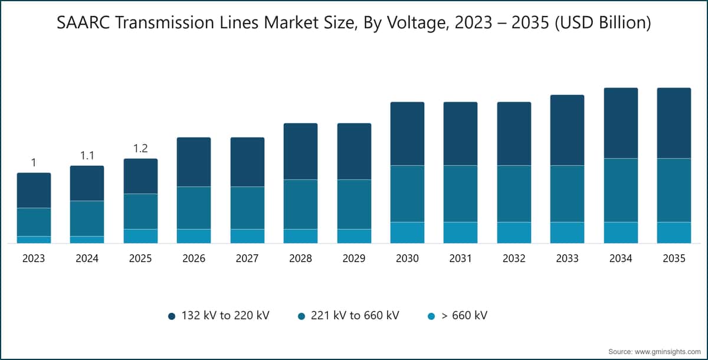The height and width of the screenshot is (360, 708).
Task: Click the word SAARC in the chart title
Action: coord(83,22)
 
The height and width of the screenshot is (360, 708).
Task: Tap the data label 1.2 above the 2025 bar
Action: coord(140,148)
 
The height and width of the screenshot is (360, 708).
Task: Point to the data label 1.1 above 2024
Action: coord(87,155)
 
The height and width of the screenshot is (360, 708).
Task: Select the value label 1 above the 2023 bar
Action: coord(34,162)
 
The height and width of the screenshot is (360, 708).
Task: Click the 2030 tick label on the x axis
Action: coord(407,258)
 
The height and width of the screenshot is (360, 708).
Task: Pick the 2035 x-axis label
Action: coord(674,258)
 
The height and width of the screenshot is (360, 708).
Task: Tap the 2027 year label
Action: coord(247,258)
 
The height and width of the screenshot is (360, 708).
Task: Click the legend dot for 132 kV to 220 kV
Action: coord(172,316)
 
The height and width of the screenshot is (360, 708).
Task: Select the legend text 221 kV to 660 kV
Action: coord(355,315)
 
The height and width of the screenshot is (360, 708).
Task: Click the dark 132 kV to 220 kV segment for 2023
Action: coord(34,190)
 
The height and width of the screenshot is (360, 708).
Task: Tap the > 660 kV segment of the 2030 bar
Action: coord(408,233)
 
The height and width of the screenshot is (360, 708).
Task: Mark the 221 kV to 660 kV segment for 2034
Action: coord(621,190)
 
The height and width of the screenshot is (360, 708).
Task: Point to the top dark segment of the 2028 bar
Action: coord(300,152)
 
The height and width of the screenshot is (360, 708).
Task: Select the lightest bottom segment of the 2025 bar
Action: coord(140,236)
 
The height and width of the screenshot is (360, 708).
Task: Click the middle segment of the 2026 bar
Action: coord(194,208)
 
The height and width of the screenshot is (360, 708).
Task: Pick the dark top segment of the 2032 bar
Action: coord(514,134)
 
